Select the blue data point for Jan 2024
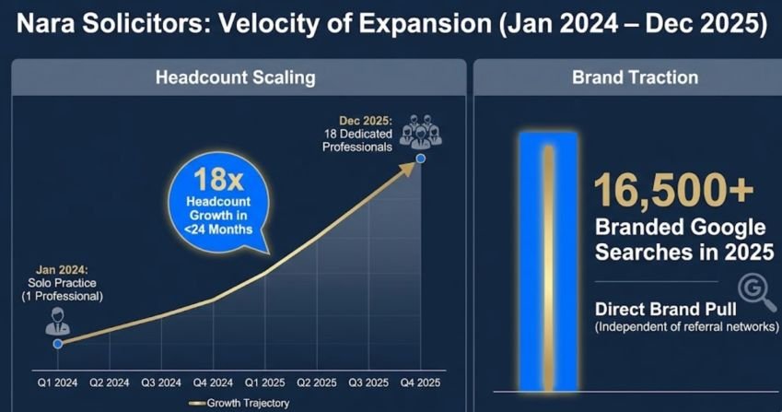point(57,343)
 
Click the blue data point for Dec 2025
point(421,159)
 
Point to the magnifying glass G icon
point(755,292)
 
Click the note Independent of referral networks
point(686,327)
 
